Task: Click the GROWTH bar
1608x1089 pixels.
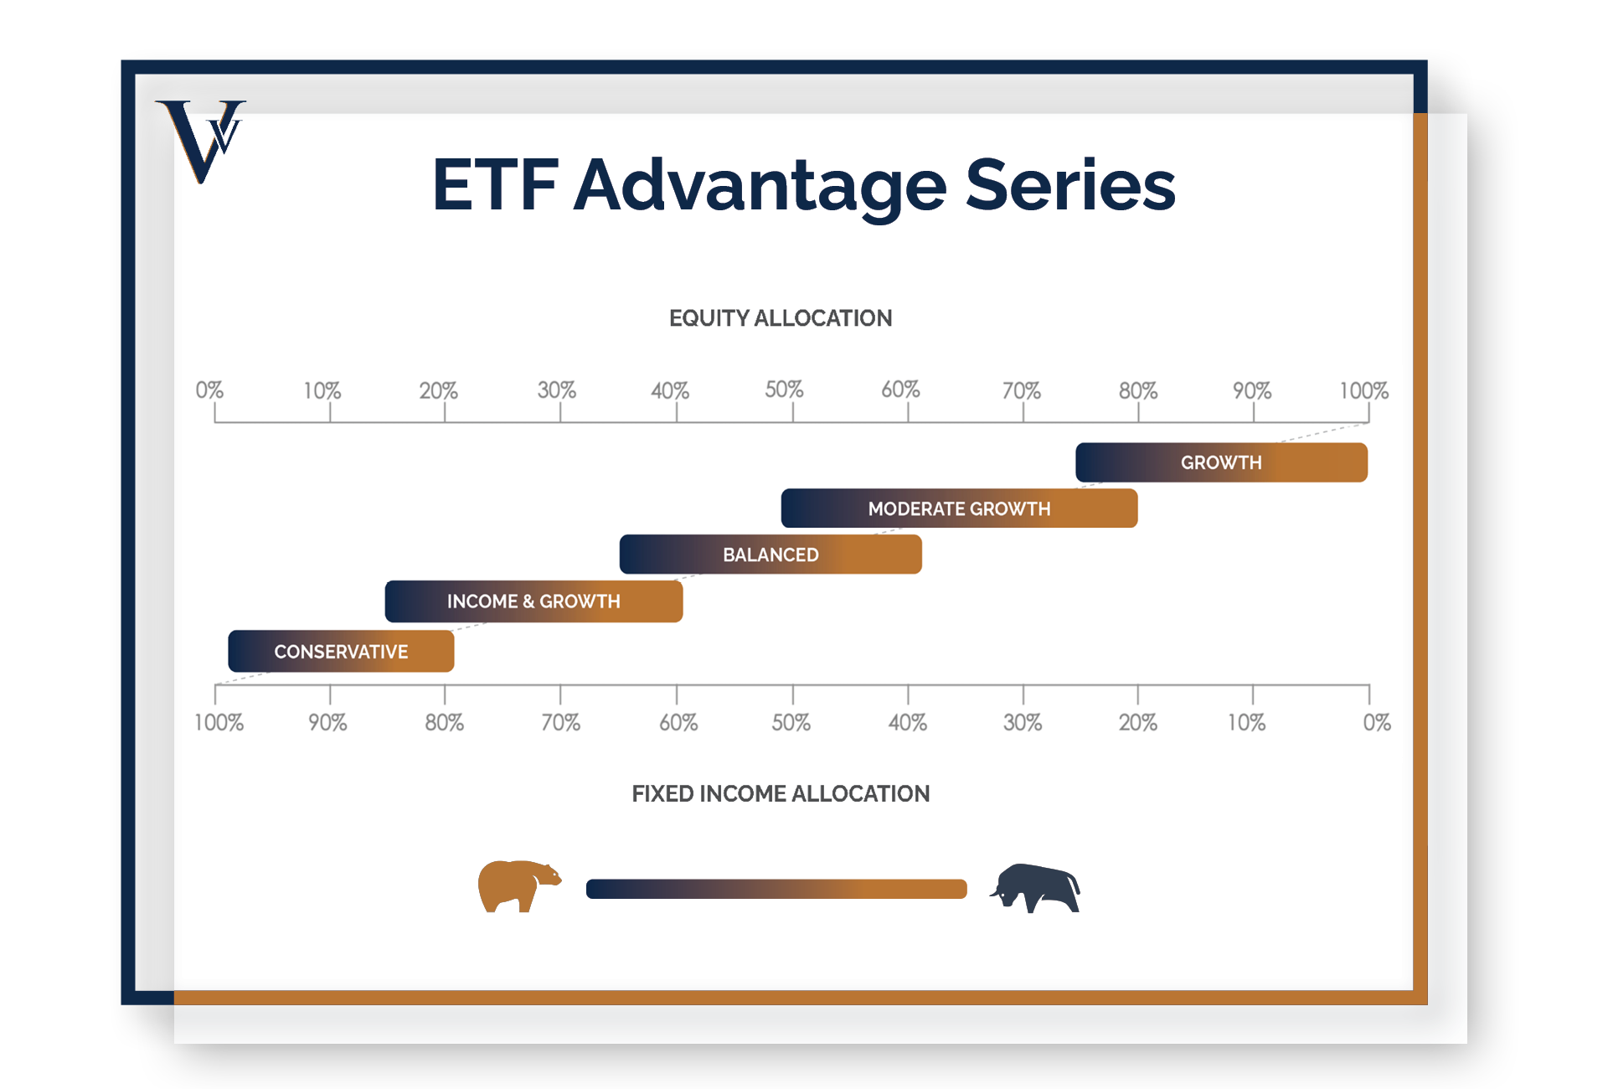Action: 1221,462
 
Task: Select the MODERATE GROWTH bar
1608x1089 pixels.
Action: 959,508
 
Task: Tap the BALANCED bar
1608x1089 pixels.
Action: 770,555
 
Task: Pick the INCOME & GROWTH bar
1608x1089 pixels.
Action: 533,601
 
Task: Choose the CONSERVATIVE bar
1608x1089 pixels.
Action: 341,652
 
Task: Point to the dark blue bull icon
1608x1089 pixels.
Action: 1035,888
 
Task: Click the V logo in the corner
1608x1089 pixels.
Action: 201,141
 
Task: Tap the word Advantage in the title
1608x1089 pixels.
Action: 760,187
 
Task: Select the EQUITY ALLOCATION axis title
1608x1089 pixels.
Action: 781,318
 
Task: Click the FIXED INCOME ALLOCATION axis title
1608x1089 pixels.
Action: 781,793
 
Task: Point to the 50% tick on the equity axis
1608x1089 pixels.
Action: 793,412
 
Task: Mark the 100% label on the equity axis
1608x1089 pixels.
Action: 1363,390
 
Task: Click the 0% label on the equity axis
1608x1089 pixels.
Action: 209,390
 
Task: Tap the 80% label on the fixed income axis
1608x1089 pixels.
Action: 444,722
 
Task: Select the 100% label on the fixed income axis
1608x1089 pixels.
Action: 219,722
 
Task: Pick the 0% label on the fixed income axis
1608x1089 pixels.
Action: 1377,722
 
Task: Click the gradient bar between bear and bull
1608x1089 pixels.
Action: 776,889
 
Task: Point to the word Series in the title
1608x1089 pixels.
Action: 1070,185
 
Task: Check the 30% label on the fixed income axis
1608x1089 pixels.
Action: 1023,722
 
